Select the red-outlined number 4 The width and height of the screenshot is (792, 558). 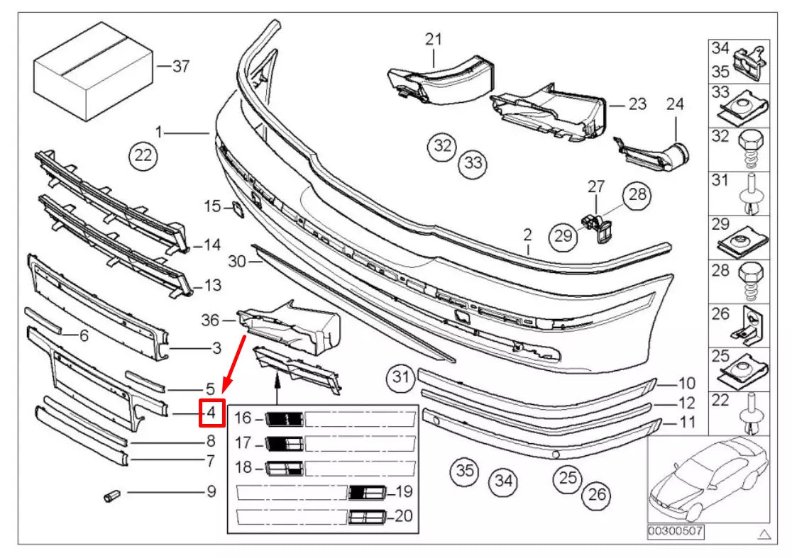[211, 412]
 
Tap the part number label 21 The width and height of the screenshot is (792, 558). [434, 40]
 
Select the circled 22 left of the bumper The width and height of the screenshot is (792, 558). [144, 156]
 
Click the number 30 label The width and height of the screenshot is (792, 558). [237, 261]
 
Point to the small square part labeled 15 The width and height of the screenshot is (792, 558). [233, 208]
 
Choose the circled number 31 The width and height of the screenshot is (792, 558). [402, 378]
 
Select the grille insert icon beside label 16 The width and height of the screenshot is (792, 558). [285, 420]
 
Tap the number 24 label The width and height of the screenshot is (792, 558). [675, 104]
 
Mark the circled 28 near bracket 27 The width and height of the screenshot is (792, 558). [637, 195]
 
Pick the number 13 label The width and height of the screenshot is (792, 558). [212, 286]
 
